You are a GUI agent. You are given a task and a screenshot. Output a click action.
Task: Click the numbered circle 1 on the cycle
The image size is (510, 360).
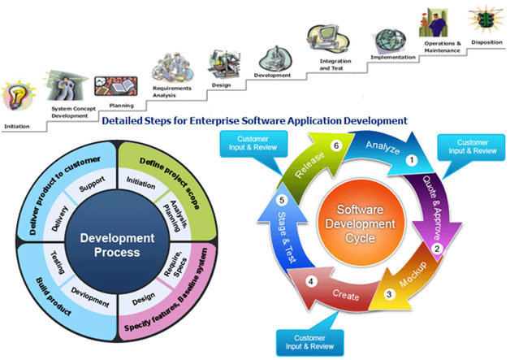pos(412,160)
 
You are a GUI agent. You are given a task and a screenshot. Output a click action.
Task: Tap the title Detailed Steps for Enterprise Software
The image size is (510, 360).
pos(255,120)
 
